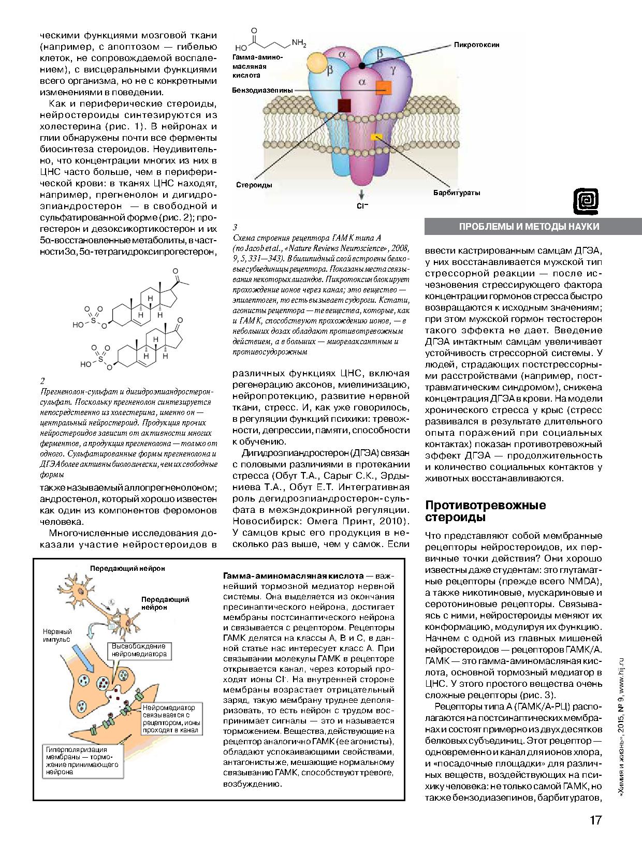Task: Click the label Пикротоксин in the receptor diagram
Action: tap(476, 45)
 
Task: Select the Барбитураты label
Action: tap(457, 193)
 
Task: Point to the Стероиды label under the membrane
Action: tap(254, 185)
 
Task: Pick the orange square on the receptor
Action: tap(384, 87)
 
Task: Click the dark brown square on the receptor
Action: tap(344, 105)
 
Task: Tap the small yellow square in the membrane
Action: tap(376, 137)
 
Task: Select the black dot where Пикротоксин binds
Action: tap(362, 65)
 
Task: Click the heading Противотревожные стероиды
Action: tap(485, 511)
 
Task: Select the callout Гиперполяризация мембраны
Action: tap(82, 760)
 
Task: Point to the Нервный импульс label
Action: tap(57, 636)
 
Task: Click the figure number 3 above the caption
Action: tap(235, 227)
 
